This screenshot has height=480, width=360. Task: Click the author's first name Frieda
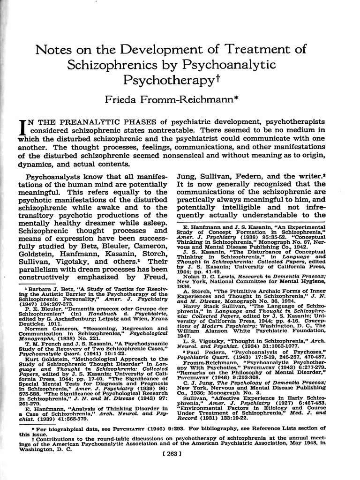point(123,99)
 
